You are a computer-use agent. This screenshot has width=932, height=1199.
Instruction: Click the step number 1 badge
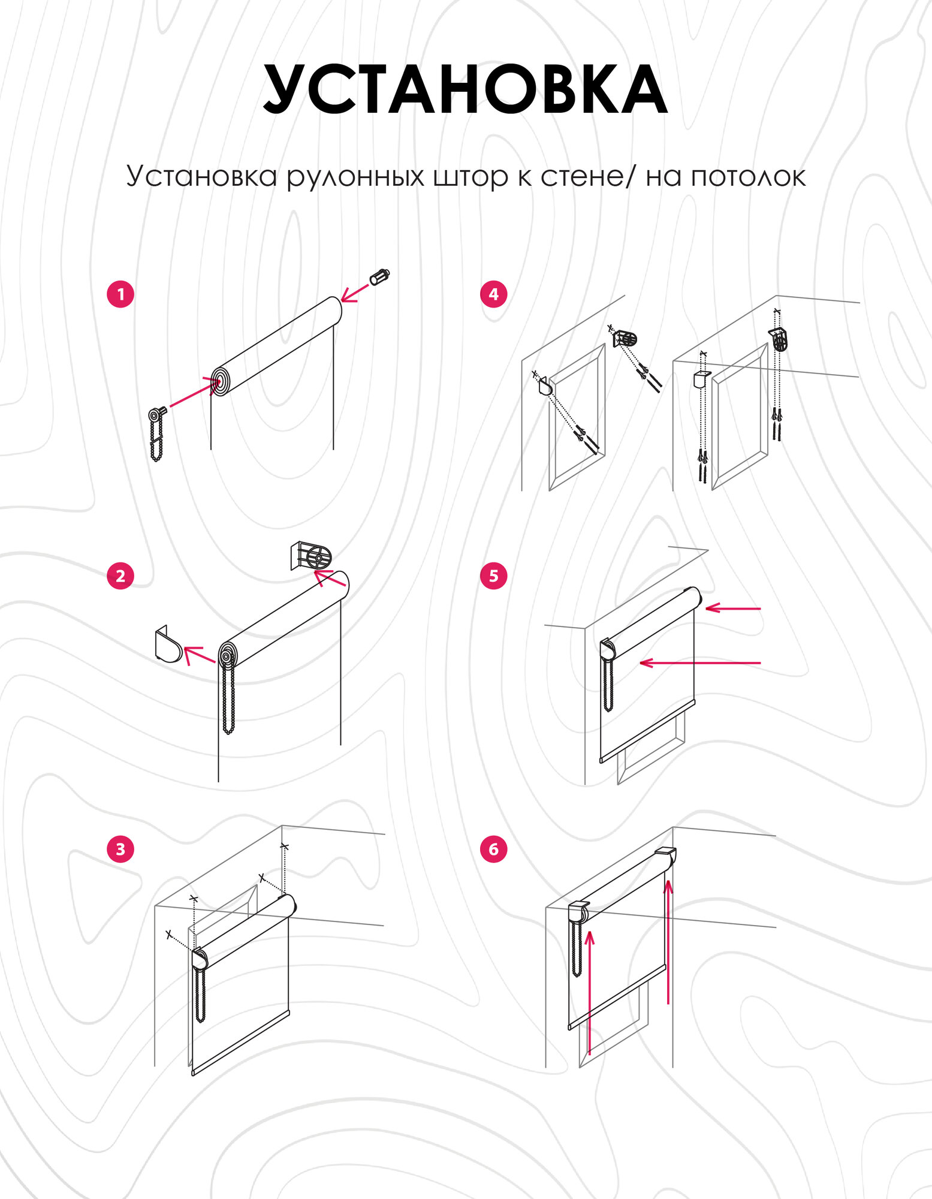[120, 294]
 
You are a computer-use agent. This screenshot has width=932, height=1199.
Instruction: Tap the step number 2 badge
[120, 576]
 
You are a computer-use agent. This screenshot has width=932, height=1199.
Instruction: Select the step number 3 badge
[120, 849]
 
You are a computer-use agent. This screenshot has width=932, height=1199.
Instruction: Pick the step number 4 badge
[493, 294]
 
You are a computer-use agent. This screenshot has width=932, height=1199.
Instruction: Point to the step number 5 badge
[493, 576]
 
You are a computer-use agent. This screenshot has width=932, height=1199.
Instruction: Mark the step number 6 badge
[493, 849]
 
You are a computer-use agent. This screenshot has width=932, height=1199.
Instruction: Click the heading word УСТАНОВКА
[465, 90]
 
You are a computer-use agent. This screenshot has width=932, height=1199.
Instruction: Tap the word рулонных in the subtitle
[355, 177]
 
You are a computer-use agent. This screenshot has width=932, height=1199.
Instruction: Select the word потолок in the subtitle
[748, 177]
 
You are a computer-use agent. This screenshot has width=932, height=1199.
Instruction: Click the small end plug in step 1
[380, 277]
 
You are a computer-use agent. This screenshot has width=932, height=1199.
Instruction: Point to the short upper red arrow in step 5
[733, 608]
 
